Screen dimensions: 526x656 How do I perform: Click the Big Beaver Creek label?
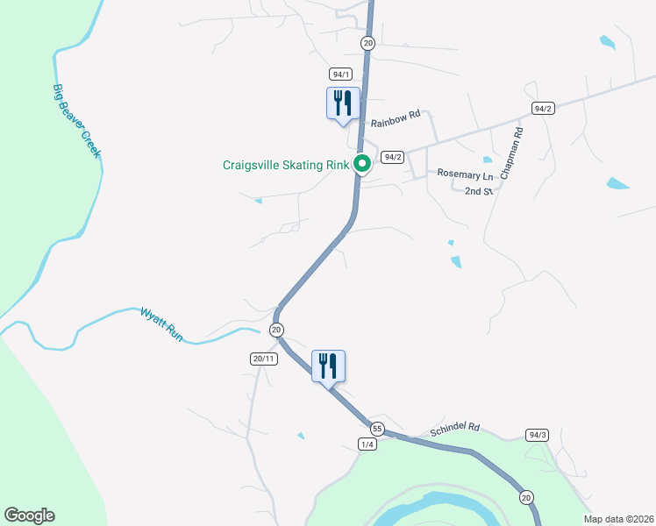(77, 121)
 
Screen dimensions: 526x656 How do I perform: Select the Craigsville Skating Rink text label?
(285, 164)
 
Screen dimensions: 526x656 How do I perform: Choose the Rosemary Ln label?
(467, 174)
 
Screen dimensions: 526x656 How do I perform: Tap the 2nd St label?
(479, 190)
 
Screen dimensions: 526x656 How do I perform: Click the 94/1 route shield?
(341, 74)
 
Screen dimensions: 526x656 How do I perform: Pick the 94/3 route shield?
(538, 435)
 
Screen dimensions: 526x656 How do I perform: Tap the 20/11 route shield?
(264, 359)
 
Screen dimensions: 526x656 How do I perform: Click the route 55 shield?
(377, 429)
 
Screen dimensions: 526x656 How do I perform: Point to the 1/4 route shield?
(367, 444)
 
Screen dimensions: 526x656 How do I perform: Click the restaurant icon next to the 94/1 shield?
(341, 103)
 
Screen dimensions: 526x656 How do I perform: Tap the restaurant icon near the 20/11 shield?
(328, 366)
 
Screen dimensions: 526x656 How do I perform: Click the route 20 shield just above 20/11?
(276, 330)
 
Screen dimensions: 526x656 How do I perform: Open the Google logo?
(29, 515)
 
